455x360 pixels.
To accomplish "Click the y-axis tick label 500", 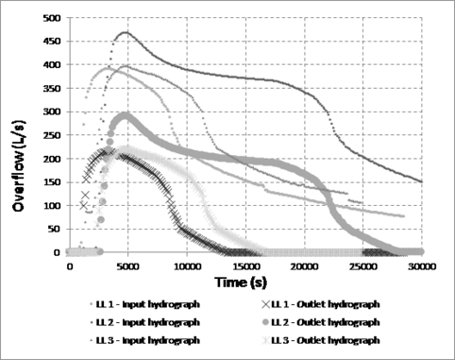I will [x=52, y=18].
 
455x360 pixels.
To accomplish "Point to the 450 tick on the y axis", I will [x=52, y=42].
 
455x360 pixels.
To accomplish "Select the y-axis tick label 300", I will [x=52, y=112].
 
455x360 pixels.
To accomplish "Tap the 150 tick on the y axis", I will [x=52, y=182].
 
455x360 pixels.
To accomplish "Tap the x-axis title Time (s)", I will [x=244, y=282].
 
